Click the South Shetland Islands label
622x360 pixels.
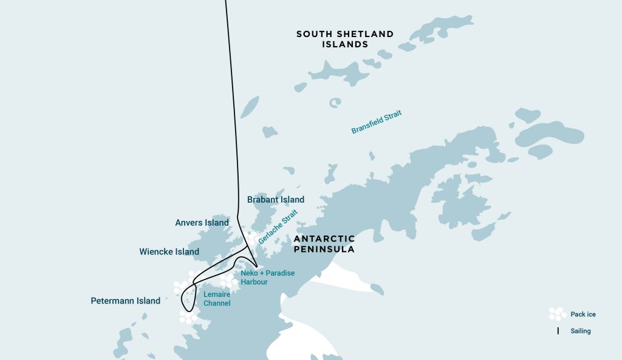click(344, 39)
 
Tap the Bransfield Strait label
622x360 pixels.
click(377, 122)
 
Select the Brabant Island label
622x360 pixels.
click(276, 199)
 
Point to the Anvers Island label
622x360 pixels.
click(202, 223)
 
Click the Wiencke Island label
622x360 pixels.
click(169, 251)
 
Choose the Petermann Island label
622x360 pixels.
click(125, 301)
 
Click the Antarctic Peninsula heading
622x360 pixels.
click(324, 244)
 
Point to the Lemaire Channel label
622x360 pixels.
click(217, 298)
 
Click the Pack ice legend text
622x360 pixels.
click(583, 314)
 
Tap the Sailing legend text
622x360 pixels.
click(580, 331)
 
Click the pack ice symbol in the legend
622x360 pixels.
click(557, 314)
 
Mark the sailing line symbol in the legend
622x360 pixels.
click(558, 331)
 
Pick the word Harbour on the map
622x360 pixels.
click(254, 282)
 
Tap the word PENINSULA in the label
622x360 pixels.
click(324, 249)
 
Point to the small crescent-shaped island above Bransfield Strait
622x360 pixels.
click(335, 103)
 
